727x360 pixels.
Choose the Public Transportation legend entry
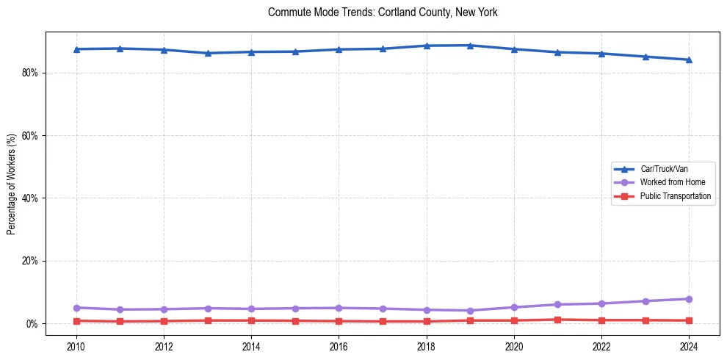(x=675, y=196)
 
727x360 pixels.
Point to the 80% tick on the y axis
(x=30, y=73)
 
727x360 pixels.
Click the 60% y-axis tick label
(x=30, y=136)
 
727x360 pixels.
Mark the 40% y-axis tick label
(x=30, y=198)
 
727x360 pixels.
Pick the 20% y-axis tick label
(x=30, y=261)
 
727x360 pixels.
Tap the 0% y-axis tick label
(x=32, y=324)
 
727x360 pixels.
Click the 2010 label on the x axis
(x=76, y=345)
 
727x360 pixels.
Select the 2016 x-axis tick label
(x=339, y=345)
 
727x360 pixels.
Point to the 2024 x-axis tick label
(x=689, y=345)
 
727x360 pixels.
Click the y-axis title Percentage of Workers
(x=12, y=184)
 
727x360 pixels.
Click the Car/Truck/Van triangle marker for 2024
(x=689, y=60)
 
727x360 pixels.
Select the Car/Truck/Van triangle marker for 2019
(x=470, y=46)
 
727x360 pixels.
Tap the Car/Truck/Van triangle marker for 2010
(x=76, y=49)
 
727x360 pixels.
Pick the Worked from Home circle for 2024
(x=689, y=299)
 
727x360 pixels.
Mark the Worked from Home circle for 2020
(x=514, y=307)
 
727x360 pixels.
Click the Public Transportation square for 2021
(x=557, y=320)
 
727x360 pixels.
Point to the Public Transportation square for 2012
(x=164, y=321)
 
